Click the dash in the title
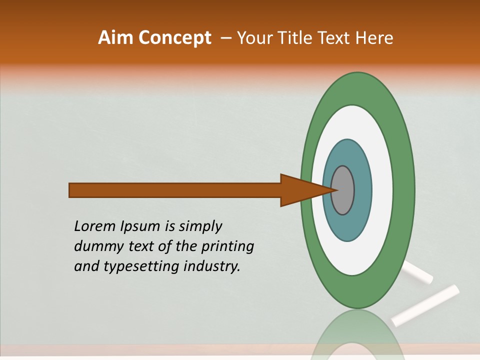tap(226, 38)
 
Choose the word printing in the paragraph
tap(227, 247)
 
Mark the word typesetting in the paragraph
tap(142, 267)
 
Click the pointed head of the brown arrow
tap(305, 190)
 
